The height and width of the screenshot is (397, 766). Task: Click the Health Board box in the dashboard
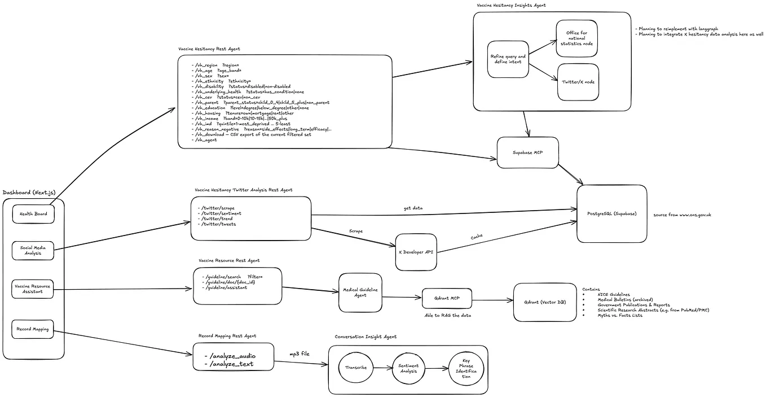pyautogui.click(x=33, y=214)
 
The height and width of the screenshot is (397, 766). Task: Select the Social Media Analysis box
pyautogui.click(x=33, y=250)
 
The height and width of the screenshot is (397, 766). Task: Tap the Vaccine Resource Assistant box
pyautogui.click(x=33, y=289)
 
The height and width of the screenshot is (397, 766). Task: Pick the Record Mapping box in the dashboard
pyautogui.click(x=33, y=329)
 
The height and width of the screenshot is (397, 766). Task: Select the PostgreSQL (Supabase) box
pyautogui.click(x=611, y=213)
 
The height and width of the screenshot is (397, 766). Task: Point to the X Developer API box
pyautogui.click(x=416, y=251)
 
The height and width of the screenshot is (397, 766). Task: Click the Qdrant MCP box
pyautogui.click(x=447, y=298)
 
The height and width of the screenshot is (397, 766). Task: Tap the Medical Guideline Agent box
pyautogui.click(x=360, y=293)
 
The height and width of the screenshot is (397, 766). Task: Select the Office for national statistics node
pyautogui.click(x=576, y=38)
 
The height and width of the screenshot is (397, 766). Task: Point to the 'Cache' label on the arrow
pyautogui.click(x=477, y=237)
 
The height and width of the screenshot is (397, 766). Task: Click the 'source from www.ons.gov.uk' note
pyautogui.click(x=681, y=215)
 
